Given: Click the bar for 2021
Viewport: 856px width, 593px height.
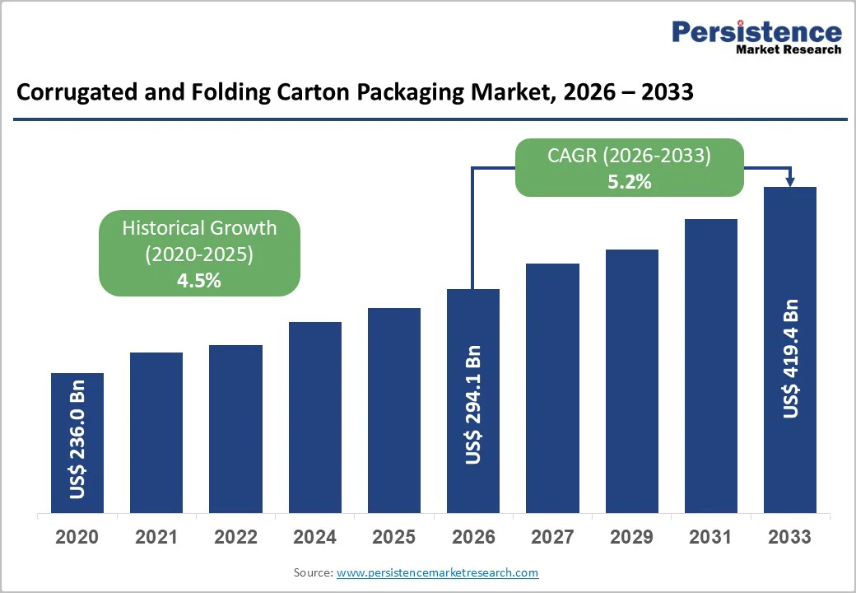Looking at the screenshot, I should (156, 433).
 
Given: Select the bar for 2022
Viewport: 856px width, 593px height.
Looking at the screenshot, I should (235, 429).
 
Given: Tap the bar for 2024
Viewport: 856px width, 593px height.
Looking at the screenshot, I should (314, 418).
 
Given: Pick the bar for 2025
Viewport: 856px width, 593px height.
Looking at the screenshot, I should (393, 411).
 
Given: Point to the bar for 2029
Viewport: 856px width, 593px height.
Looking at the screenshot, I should (631, 381).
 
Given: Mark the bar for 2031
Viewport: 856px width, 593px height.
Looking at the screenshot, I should (710, 367).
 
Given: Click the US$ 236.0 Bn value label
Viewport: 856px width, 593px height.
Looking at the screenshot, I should (77, 439).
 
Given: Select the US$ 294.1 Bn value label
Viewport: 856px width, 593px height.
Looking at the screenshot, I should (473, 404).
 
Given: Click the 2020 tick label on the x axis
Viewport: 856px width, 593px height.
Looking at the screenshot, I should (77, 538).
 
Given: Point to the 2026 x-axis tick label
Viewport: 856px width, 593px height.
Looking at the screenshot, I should (473, 538).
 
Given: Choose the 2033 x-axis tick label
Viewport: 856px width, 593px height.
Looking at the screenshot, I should (789, 538).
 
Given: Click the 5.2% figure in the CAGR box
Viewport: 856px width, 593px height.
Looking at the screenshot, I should (629, 182).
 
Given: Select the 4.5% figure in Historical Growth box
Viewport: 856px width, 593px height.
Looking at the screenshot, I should (198, 281).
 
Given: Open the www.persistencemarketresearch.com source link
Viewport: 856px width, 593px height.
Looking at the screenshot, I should (437, 572).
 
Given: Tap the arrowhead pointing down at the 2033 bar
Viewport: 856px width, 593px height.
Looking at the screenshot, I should (790, 181).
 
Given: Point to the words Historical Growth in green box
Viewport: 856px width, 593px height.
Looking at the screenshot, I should (199, 228).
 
